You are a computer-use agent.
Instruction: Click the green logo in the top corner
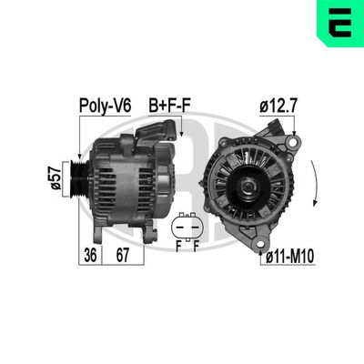339,23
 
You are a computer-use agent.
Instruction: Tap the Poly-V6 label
106,106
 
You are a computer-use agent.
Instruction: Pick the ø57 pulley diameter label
56,177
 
